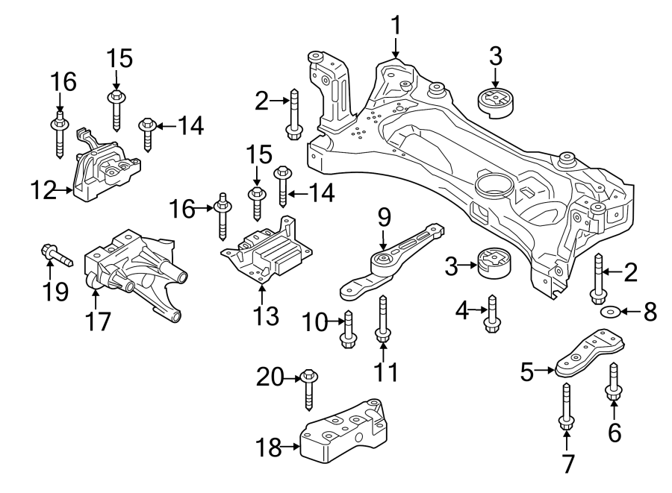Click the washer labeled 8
click(609, 310)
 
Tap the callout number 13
click(266, 316)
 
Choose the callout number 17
click(98, 321)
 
